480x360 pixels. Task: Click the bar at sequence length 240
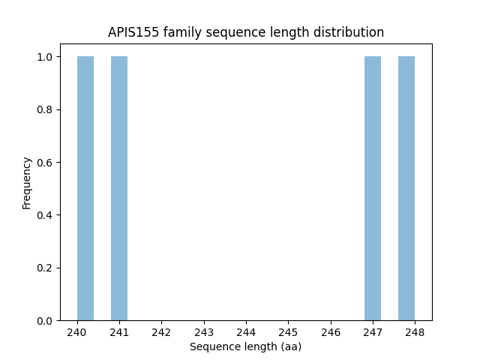[x=85, y=188]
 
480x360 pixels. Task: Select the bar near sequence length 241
[x=119, y=188]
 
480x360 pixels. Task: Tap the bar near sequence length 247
[x=373, y=188]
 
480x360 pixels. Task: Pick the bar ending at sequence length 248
[x=406, y=188]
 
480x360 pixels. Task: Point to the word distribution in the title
[x=350, y=32]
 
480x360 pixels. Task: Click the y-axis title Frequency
[x=27, y=183]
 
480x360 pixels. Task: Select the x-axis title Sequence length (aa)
[x=245, y=346]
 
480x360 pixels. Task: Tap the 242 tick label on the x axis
[x=161, y=332]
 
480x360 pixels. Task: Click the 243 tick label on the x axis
[x=204, y=332]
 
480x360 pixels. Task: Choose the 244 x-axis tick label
[x=246, y=332]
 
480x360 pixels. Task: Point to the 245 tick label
[x=289, y=332]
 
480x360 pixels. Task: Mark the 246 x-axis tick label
[x=331, y=332]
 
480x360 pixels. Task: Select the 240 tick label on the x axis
[x=77, y=332]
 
